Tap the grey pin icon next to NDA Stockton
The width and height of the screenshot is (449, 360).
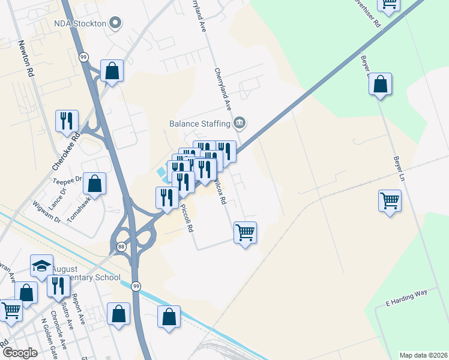116,23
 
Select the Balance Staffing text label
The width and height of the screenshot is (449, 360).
200,124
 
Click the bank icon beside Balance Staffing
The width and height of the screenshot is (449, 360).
240,123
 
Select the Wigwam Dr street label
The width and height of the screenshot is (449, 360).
47,212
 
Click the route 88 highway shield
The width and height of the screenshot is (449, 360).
121,247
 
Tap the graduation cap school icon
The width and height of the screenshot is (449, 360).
41,266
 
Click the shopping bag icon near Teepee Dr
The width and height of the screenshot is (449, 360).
94,184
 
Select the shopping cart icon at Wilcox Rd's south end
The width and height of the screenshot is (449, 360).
245,232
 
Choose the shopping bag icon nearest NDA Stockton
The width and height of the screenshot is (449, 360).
112,71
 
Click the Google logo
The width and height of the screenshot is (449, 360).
20,353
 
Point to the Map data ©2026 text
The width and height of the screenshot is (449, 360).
424,355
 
